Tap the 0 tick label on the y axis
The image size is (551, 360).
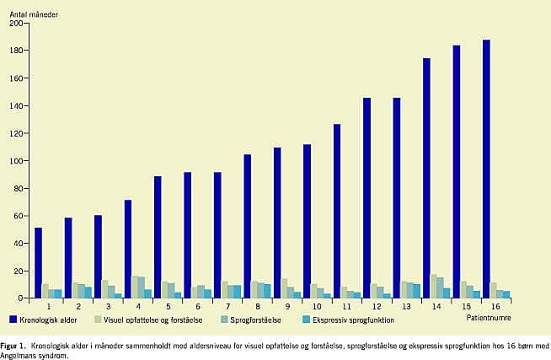(x=21, y=298)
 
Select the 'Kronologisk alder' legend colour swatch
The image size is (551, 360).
(x=14, y=320)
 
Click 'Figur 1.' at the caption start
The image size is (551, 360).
(x=13, y=346)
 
